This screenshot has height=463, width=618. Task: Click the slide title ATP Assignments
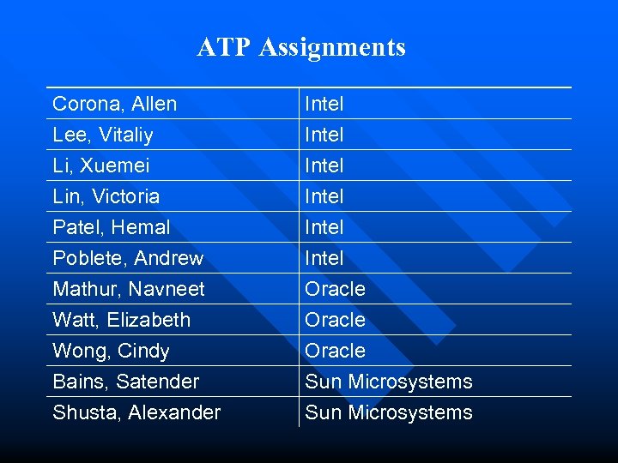pyautogui.click(x=301, y=47)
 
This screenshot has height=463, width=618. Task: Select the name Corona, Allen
pyautogui.click(x=114, y=104)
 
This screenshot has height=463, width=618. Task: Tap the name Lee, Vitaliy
pyautogui.click(x=103, y=135)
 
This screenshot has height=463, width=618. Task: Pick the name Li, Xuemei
pyautogui.click(x=100, y=165)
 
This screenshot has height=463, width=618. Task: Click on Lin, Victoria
pyautogui.click(x=106, y=196)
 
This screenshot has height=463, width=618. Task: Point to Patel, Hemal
pyautogui.click(x=111, y=227)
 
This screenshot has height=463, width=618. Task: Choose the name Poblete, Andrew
pyautogui.click(x=128, y=258)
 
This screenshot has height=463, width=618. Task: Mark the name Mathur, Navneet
pyautogui.click(x=129, y=289)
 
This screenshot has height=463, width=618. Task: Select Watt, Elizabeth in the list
pyautogui.click(x=121, y=320)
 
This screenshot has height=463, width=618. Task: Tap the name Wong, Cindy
pyautogui.click(x=111, y=351)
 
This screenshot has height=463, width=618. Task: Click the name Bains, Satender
pyautogui.click(x=125, y=382)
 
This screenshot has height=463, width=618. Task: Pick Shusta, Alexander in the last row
pyautogui.click(x=136, y=412)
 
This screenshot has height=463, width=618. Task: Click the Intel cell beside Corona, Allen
pyautogui.click(x=324, y=104)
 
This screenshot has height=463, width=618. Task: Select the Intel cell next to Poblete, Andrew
pyautogui.click(x=324, y=258)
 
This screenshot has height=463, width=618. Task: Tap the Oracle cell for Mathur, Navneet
pyautogui.click(x=336, y=289)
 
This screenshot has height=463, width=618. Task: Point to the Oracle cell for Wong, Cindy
pyautogui.click(x=336, y=351)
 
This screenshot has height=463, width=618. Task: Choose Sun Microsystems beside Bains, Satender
pyautogui.click(x=389, y=382)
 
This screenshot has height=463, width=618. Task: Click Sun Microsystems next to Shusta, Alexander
pyautogui.click(x=389, y=412)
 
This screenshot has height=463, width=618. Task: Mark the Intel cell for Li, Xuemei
pyautogui.click(x=324, y=165)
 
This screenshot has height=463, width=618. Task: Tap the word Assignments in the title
pyautogui.click(x=331, y=47)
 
